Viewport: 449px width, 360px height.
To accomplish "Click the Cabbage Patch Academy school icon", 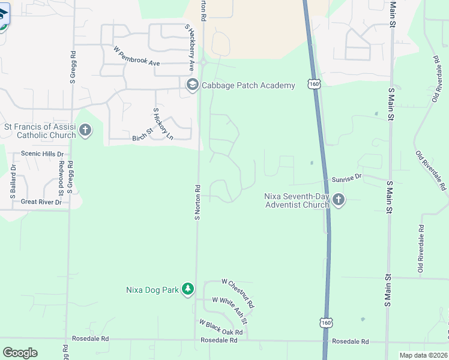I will (x=193, y=85).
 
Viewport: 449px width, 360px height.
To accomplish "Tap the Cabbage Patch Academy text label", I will (x=248, y=85).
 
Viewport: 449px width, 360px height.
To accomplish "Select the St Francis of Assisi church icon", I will (x=85, y=130).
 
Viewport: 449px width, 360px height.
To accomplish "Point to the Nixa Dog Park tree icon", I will (x=188, y=290).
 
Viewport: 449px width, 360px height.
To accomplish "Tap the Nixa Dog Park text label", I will (x=152, y=290).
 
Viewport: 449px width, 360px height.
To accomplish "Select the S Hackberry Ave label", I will (x=190, y=48).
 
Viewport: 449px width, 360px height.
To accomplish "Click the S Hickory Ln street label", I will (x=163, y=124).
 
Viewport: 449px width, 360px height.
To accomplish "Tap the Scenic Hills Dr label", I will (x=42, y=154).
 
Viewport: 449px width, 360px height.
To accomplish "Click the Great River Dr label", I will (x=41, y=202).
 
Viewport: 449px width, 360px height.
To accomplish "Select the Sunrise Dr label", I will (x=347, y=178).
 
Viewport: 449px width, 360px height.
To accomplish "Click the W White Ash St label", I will (x=230, y=307).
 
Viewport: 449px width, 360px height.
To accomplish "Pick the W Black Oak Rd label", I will (x=220, y=328).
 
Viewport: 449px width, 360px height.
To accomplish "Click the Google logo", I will (x=20, y=353).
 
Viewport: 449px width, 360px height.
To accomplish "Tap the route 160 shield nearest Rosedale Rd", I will (x=325, y=323).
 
